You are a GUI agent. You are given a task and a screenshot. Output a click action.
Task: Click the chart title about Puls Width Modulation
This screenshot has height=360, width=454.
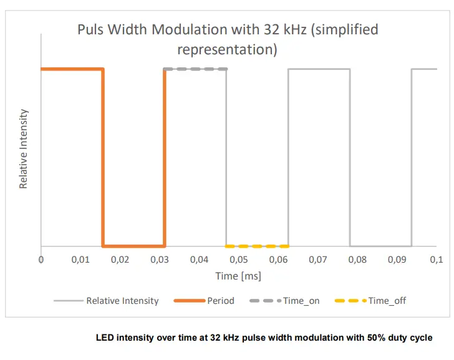228,39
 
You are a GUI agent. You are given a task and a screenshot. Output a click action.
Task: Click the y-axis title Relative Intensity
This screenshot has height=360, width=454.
23,149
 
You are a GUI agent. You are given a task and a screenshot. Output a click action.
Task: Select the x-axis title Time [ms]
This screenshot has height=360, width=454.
238,276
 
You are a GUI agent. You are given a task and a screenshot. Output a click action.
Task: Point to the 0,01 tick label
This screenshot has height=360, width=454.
80,259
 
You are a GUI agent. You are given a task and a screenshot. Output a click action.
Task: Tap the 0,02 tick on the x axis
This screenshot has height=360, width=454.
120,259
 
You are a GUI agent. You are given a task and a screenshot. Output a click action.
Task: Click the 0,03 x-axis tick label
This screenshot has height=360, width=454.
160,259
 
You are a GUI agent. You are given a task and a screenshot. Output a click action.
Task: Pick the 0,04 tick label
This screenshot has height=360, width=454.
199,259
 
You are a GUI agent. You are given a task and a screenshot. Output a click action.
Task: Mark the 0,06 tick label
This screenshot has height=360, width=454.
278,259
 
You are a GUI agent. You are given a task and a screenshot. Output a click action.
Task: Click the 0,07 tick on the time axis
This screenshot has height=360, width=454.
317,259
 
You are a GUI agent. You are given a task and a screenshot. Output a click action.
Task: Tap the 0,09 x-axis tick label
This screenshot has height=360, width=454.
397,259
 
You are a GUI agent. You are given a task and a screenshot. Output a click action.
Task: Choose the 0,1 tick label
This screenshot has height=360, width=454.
435,259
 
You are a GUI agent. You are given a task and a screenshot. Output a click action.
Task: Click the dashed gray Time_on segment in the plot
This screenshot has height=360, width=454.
196,69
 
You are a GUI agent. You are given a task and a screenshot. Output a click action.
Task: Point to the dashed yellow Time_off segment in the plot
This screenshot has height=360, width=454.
257,246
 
